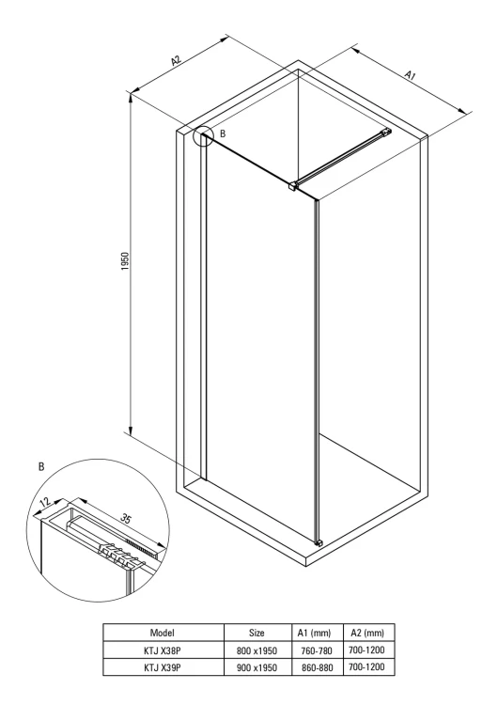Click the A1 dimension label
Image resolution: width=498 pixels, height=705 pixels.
(x=411, y=75)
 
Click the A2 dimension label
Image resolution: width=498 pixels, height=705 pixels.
(x=176, y=60)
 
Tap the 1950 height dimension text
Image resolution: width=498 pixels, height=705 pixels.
(x=125, y=261)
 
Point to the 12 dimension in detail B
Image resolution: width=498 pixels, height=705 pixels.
(x=45, y=503)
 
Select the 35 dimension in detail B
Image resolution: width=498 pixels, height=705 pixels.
(x=126, y=518)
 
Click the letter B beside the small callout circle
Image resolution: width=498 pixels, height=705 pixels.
(x=223, y=133)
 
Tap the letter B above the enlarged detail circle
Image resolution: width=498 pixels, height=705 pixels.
(x=41, y=466)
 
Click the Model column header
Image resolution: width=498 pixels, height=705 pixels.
(x=163, y=633)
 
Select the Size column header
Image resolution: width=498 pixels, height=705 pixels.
(x=257, y=633)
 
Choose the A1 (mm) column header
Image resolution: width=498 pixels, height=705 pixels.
(x=314, y=633)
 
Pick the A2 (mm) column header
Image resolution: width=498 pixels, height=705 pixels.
(x=367, y=633)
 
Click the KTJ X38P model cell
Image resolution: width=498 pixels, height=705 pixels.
(x=163, y=650)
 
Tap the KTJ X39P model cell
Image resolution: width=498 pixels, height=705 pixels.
(x=163, y=667)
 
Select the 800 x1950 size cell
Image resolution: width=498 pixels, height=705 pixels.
(x=257, y=650)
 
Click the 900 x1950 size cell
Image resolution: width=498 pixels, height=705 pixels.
(x=257, y=667)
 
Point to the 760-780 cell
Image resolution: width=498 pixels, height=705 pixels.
(x=317, y=650)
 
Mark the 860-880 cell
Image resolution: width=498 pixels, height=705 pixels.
(x=317, y=667)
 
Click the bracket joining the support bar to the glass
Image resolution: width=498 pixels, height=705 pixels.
(x=293, y=186)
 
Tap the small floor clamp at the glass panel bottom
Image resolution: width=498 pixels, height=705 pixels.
(x=319, y=543)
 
